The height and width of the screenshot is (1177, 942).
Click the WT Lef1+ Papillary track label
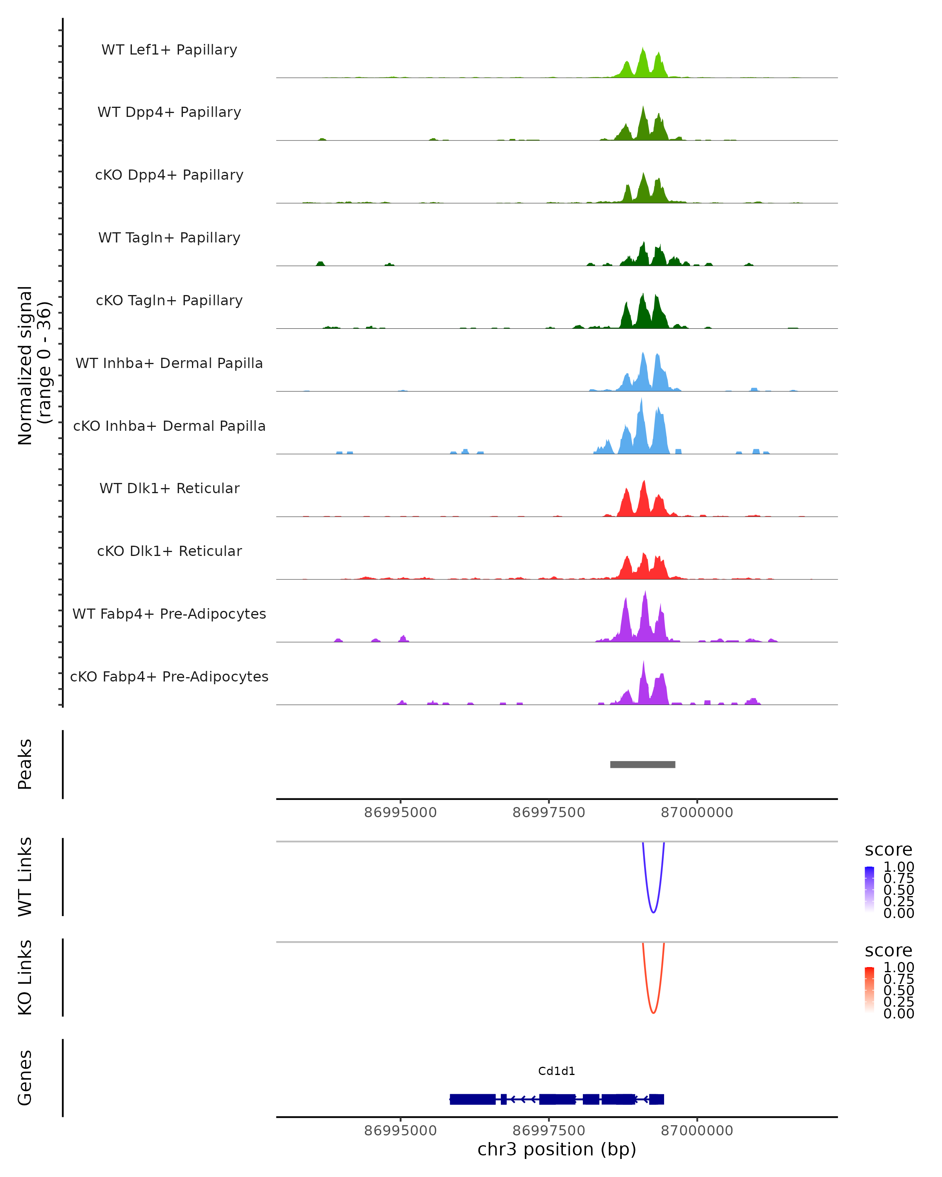(169, 50)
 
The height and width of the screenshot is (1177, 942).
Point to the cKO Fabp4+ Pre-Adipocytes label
(169, 676)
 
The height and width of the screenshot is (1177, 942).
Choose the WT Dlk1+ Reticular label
(169, 488)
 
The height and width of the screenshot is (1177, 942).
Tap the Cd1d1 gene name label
(557, 1071)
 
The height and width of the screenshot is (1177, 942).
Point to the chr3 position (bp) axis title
(557, 1149)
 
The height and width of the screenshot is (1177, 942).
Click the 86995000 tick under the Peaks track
(400, 813)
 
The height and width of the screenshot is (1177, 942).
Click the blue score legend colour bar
(869, 889)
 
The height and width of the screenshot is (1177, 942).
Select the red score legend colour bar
(869, 990)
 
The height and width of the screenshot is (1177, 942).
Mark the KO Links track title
(25, 977)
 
